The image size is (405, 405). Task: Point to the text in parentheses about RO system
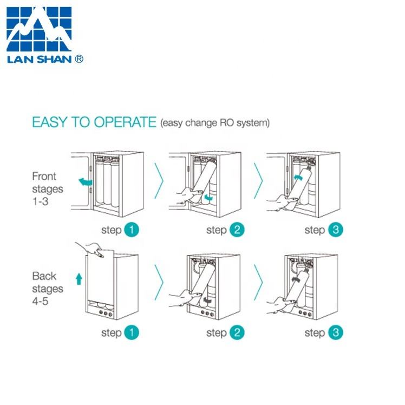(214, 123)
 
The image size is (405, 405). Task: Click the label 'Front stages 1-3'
(48, 189)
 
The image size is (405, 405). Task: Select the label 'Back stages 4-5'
(48, 289)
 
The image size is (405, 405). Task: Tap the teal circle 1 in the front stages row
(131, 230)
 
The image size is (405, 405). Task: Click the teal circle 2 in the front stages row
(236, 230)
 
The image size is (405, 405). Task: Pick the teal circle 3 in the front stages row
(336, 230)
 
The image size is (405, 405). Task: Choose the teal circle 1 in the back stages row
(131, 332)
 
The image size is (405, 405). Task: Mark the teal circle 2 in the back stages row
(236, 332)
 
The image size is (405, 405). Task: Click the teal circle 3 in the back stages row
(336, 332)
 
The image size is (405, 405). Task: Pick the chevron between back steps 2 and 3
(259, 284)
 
